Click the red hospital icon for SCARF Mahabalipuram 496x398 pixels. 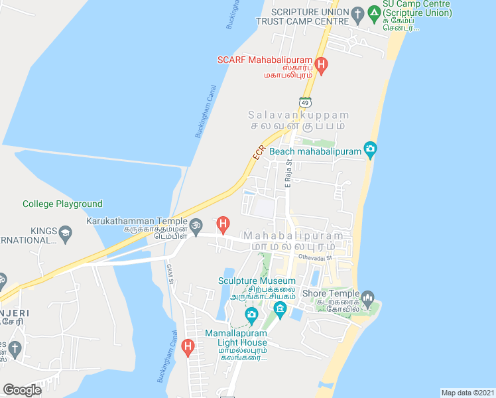[x=322, y=65]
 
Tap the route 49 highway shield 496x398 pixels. [x=304, y=102]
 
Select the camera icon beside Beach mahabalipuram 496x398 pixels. [x=371, y=151]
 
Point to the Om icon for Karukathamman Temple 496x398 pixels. [x=196, y=226]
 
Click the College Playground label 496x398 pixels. [x=62, y=204]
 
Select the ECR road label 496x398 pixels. [x=259, y=152]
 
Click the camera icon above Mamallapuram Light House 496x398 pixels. [x=251, y=314]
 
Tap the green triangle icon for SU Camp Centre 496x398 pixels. [x=375, y=13]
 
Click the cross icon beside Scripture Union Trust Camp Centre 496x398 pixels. [x=357, y=13]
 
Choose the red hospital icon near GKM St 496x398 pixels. [x=188, y=346]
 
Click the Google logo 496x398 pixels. [x=22, y=390]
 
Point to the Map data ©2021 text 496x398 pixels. [x=467, y=393]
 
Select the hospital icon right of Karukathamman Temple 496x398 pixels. [x=224, y=226]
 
